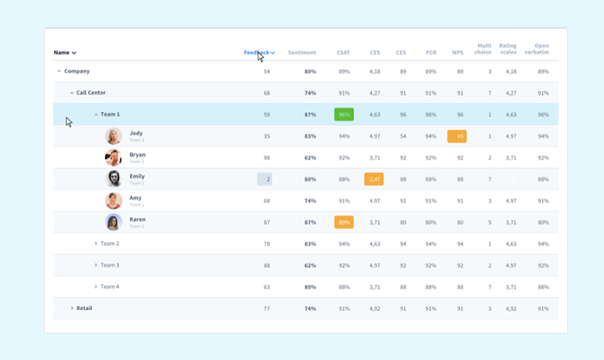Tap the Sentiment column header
(302, 53)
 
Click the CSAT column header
(344, 53)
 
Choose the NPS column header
(458, 53)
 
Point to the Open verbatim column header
(541, 49)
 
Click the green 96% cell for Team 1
(344, 115)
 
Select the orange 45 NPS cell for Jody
(458, 136)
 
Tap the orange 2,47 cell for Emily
(374, 179)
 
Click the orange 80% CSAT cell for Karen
(344, 222)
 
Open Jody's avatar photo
(114, 136)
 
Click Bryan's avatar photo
(114, 158)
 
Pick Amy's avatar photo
(114, 201)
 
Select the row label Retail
(84, 308)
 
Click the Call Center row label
(90, 93)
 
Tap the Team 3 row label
(109, 265)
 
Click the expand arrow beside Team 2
(96, 244)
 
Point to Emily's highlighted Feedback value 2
(265, 179)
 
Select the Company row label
(77, 71)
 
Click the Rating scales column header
(507, 49)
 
